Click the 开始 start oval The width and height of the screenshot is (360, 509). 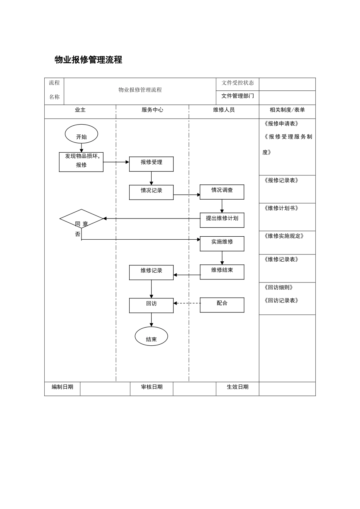click(81, 134)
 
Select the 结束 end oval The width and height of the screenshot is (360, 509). click(151, 336)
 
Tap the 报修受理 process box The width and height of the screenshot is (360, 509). click(151, 164)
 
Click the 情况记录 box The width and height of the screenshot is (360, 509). click(151, 192)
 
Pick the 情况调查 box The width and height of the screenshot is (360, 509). click(222, 192)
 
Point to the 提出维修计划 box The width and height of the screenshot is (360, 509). click(222, 220)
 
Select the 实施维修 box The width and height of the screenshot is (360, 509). click(222, 244)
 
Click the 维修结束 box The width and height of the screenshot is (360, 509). click(222, 272)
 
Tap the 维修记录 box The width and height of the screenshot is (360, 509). click(151, 272)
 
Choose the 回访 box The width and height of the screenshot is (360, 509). click(151, 305)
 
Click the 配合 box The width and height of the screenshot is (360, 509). click(222, 305)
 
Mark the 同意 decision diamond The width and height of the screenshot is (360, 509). click(81, 219)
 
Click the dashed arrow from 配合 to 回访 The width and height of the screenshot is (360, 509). click(187, 303)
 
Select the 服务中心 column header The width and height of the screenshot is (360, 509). click(152, 110)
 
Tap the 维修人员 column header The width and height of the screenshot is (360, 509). click(224, 110)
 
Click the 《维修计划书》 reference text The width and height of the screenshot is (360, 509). click(281, 208)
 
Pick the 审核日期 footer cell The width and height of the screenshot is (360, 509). click(152, 387)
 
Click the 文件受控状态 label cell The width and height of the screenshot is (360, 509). click(238, 83)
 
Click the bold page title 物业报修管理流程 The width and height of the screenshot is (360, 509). click(88, 60)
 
